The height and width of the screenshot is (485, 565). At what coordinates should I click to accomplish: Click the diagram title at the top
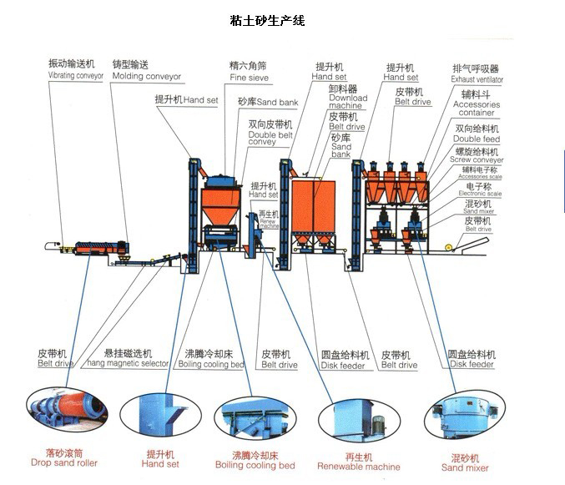pos(267,21)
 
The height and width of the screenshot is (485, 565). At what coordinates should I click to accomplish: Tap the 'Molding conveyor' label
pos(146,70)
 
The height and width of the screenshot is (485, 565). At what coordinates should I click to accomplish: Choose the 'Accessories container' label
pos(477,104)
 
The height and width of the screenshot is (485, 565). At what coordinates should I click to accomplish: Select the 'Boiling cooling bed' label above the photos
pos(210,359)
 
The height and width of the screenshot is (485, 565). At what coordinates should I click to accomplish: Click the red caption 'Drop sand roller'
pos(64,457)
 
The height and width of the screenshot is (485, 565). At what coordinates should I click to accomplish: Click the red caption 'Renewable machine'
pos(359,462)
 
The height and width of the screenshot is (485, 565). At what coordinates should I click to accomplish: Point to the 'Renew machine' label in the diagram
pos(269,220)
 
